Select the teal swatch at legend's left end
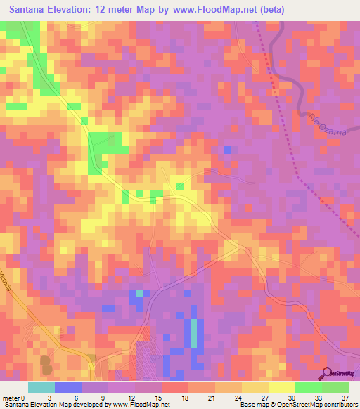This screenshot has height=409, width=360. (x=41, y=387)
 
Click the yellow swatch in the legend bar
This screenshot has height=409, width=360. (x=281, y=387)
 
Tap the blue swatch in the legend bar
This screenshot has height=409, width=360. (x=68, y=387)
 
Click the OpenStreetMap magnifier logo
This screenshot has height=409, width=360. (x=328, y=373)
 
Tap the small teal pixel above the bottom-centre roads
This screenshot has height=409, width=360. (x=139, y=293)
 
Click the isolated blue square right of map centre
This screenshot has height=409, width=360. (x=228, y=150)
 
